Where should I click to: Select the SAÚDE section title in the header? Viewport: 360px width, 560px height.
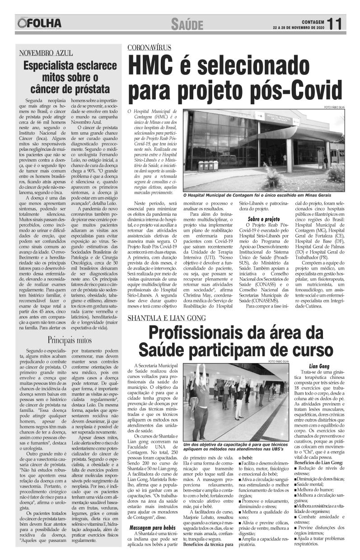(187, 24)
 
